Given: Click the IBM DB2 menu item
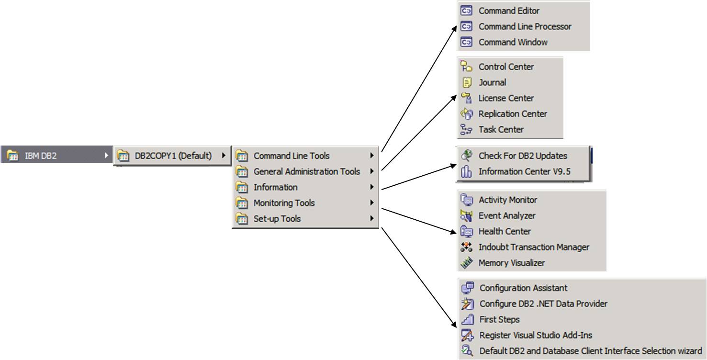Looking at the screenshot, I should pyautogui.click(x=41, y=156).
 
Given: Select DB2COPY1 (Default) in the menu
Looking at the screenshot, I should pyautogui.click(x=173, y=156).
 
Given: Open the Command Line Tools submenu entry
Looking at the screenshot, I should pyautogui.click(x=292, y=156).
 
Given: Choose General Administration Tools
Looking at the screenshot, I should pyautogui.click(x=306, y=171).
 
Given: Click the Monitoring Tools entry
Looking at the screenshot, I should pyautogui.click(x=284, y=203).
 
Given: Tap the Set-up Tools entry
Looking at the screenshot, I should pyautogui.click(x=277, y=219).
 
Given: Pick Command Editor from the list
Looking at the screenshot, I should pyautogui.click(x=509, y=11).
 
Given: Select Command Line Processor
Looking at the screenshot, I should pyautogui.click(x=525, y=26).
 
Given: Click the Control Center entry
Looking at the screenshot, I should pyautogui.click(x=506, y=67).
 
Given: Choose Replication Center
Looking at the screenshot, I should pyautogui.click(x=512, y=114).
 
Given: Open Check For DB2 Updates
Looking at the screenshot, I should pyautogui.click(x=522, y=156).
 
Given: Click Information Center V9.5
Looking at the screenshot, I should pyautogui.click(x=524, y=171).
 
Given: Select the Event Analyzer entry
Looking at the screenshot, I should pyautogui.click(x=506, y=215).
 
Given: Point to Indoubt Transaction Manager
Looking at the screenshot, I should pyautogui.click(x=533, y=247).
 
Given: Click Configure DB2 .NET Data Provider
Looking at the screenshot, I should pyautogui.click(x=543, y=304).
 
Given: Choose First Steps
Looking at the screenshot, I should pyautogui.click(x=499, y=319).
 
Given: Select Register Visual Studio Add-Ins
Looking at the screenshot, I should pyautogui.click(x=536, y=335).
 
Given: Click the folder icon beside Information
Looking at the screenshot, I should pyautogui.click(x=242, y=187).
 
